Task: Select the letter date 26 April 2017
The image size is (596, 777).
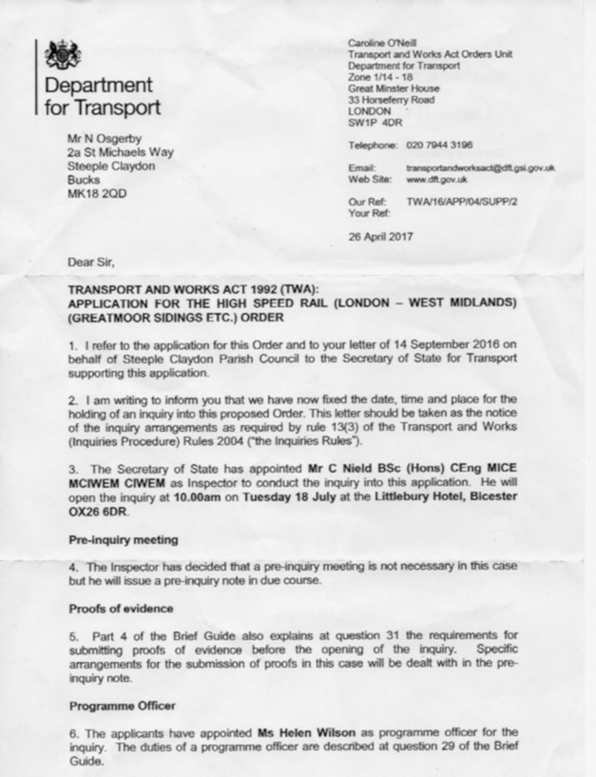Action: pyautogui.click(x=380, y=237)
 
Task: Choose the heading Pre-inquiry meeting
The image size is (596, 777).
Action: pyautogui.click(x=123, y=539)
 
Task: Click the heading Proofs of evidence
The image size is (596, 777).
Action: pyautogui.click(x=121, y=606)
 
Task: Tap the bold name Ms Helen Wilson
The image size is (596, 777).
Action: pyautogui.click(x=302, y=733)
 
